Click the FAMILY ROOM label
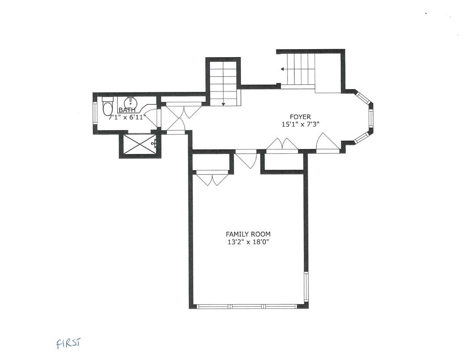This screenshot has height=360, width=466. click(x=248, y=234)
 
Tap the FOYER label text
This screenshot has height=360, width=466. click(x=300, y=117)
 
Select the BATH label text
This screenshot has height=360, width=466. click(x=127, y=110)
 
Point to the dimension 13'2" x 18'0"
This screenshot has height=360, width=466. click(x=248, y=242)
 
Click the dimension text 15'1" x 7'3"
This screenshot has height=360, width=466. click(x=300, y=125)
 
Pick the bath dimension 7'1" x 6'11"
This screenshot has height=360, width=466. click(x=127, y=117)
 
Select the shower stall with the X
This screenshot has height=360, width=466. click(x=139, y=145)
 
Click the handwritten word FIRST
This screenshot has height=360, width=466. click(x=68, y=344)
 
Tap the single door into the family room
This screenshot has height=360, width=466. click(x=246, y=159)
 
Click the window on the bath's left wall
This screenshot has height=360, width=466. click(x=95, y=113)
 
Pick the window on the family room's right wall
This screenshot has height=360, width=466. click(x=306, y=287)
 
